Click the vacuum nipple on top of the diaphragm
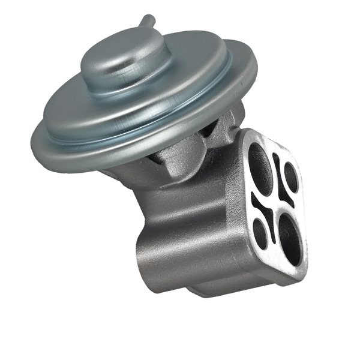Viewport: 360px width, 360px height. [x=146, y=22]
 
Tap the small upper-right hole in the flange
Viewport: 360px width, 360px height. [x=291, y=178]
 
